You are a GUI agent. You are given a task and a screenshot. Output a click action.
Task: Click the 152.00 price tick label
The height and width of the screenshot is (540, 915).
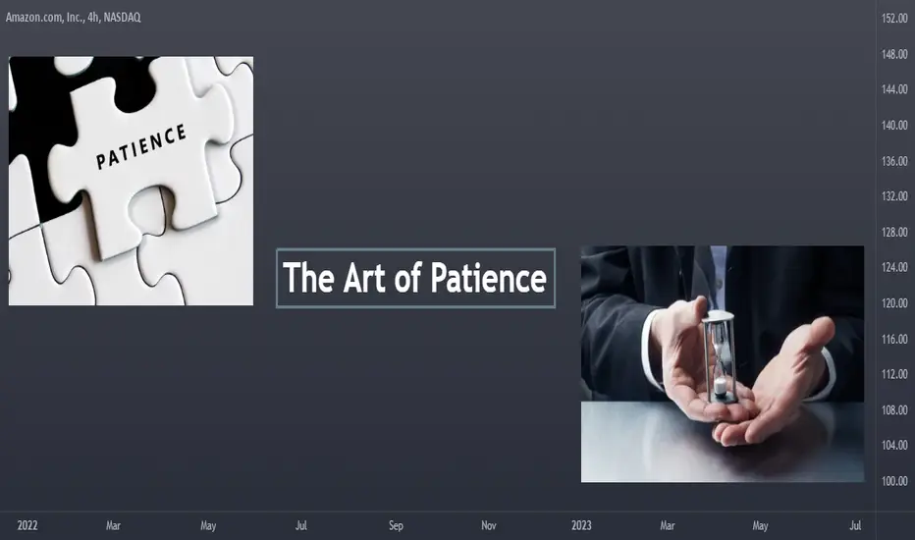tap(894, 19)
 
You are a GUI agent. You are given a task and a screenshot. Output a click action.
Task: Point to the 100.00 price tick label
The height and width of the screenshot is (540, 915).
tap(894, 481)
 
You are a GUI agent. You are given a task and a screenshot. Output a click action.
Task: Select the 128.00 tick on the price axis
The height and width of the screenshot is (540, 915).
tap(894, 232)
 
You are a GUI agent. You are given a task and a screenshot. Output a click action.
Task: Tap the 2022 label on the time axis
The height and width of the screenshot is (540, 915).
tap(27, 525)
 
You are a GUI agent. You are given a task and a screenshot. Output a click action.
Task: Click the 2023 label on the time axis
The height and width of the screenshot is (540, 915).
tap(581, 525)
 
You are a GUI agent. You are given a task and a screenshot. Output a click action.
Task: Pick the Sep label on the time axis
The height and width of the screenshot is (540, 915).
tap(396, 525)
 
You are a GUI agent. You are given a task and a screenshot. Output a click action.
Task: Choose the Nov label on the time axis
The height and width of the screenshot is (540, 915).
tap(489, 525)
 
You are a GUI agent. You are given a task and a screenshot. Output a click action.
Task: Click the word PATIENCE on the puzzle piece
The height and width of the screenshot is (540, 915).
tap(140, 146)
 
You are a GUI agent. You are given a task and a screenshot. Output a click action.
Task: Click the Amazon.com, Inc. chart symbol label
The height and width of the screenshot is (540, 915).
tap(45, 18)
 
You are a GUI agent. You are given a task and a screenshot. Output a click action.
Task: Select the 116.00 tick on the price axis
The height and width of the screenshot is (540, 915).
tap(894, 339)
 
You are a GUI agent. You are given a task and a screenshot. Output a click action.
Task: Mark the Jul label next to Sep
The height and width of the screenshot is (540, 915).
tap(301, 525)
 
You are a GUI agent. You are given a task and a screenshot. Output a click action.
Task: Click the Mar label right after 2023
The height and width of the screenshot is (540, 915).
tap(668, 525)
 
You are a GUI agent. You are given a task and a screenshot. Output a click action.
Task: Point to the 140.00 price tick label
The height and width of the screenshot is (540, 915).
tap(894, 125)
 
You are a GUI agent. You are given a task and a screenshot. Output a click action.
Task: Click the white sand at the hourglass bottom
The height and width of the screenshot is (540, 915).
tap(722, 386)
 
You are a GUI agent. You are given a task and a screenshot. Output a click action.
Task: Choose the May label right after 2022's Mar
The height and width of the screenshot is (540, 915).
tap(208, 525)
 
